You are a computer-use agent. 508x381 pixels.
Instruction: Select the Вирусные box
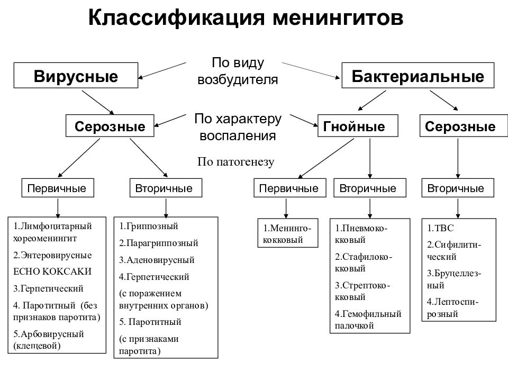click(x=76, y=76)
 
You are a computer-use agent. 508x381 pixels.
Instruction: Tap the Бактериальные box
click(x=418, y=76)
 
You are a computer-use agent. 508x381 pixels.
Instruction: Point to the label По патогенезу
click(x=236, y=162)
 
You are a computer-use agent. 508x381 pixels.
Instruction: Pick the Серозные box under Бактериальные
click(x=460, y=127)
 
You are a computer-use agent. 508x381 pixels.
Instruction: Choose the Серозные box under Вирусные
click(x=110, y=127)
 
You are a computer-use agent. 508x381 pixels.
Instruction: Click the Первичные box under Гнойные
click(x=288, y=188)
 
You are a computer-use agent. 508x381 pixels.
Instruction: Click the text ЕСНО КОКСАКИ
click(x=52, y=271)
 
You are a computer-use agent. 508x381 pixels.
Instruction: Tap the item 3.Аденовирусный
click(x=157, y=260)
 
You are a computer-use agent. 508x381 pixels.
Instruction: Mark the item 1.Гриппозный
click(x=149, y=226)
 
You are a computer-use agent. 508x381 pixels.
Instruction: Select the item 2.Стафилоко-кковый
click(x=363, y=262)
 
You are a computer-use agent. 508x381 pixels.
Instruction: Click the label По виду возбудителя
click(x=238, y=71)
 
